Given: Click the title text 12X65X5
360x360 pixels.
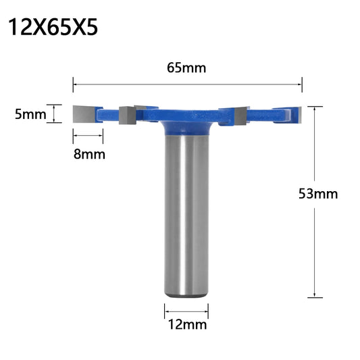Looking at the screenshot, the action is (x=53, y=27).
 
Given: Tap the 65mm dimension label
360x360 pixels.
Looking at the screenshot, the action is (x=186, y=68).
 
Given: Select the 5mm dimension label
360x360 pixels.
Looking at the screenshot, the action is (x=30, y=114).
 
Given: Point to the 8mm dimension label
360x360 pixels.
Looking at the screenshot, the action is (x=89, y=154).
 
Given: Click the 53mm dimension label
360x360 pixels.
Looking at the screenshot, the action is (x=318, y=194).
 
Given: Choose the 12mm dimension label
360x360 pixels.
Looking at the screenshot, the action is (x=187, y=325).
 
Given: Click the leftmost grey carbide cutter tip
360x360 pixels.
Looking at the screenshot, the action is (x=84, y=114).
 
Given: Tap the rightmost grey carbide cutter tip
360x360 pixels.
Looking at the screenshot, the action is (x=299, y=114).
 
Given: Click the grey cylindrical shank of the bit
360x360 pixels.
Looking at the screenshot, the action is (x=186, y=216).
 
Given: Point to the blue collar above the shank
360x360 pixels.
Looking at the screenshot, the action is (x=186, y=128).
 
